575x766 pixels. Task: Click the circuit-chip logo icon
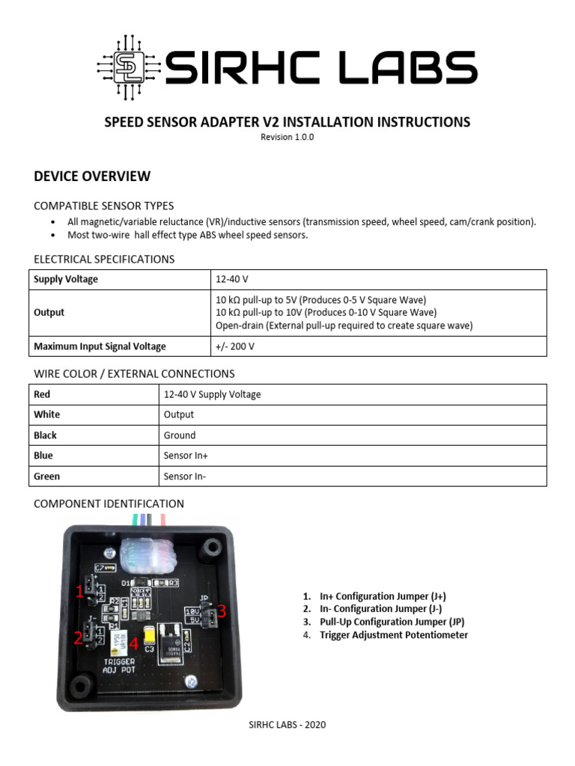[127, 68]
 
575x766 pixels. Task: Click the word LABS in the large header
[407, 68]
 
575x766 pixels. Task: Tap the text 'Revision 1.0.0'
[287, 137]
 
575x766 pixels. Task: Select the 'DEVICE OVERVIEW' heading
[92, 177]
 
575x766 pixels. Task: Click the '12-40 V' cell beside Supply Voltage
[231, 279]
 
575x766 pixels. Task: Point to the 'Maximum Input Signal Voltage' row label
[100, 346]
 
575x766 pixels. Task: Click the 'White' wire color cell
[47, 414]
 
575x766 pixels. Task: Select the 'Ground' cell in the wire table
[179, 435]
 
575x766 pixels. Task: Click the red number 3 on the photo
[222, 612]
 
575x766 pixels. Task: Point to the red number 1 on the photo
[79, 592]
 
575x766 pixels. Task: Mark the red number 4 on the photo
[133, 643]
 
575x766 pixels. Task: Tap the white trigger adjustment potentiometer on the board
[118, 640]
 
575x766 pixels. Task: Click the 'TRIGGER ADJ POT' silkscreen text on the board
[119, 666]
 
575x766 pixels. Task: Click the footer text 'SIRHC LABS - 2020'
[287, 725]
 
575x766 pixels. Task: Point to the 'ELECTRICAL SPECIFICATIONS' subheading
[104, 260]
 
